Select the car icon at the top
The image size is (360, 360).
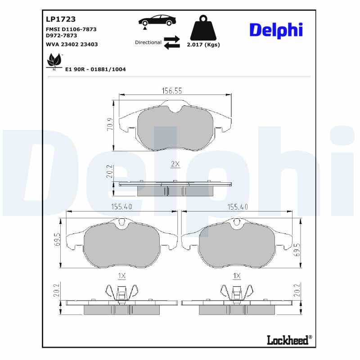click(157, 21)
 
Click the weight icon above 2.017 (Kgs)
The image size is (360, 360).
click(203, 28)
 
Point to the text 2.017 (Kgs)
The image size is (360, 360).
click(203, 45)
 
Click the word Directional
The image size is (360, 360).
click(148, 42)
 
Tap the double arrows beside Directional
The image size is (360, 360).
click(171, 42)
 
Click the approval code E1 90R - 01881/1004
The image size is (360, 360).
click(95, 69)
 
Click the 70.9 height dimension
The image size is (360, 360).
click(110, 125)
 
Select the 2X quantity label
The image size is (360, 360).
click(175, 165)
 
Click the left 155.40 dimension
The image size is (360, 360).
click(121, 207)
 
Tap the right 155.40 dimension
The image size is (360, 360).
click(238, 207)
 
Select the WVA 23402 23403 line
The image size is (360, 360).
click(72, 45)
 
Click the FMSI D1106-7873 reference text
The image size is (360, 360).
click(71, 29)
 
